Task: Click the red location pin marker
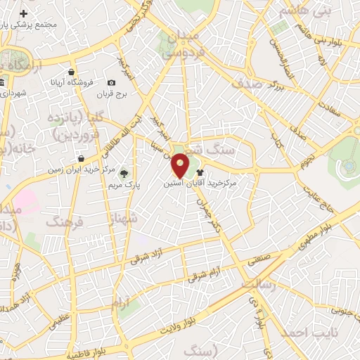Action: click(181, 165)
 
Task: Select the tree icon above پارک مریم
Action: click(124, 172)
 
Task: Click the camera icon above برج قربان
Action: click(112, 83)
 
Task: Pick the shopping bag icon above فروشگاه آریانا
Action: click(72, 72)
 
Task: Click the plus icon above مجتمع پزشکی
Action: click(24, 13)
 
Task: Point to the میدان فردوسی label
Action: click(184, 44)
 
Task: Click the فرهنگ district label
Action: click(65, 222)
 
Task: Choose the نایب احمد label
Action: click(307, 331)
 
